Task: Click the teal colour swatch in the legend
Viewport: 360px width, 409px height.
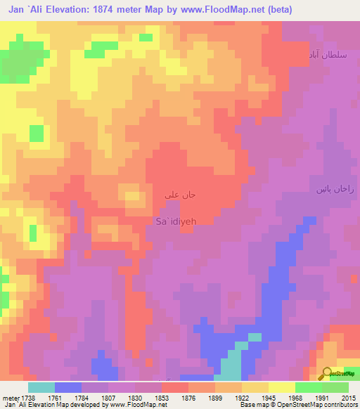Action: [x=41, y=387]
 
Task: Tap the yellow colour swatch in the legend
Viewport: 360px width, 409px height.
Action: [x=281, y=387]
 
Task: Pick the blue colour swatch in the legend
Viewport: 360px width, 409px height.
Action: [x=67, y=387]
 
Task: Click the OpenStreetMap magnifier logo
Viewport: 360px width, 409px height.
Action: [x=326, y=374]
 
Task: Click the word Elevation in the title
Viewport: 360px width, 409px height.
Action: [x=83, y=9]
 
